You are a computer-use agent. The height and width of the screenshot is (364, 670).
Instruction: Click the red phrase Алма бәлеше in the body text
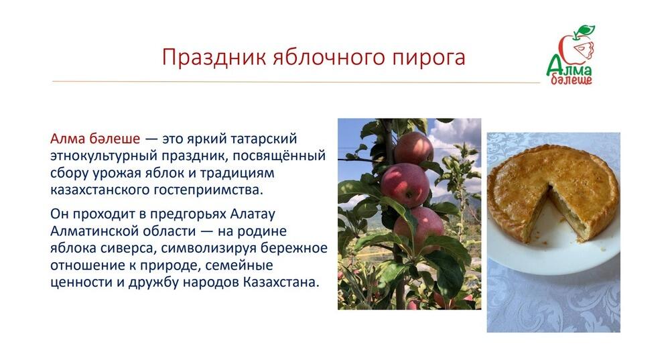95,139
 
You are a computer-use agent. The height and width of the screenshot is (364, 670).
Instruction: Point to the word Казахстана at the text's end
281,282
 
